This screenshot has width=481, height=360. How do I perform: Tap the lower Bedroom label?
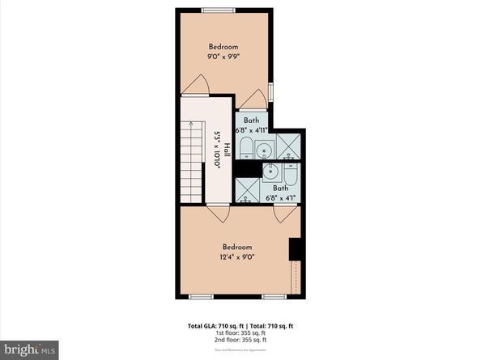[x=237, y=247]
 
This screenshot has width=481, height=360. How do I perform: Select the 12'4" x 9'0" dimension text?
[x=237, y=257]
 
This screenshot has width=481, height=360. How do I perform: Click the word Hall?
[x=228, y=150]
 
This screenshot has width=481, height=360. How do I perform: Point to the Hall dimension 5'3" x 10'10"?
[x=217, y=150]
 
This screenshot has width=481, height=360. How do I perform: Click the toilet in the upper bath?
[x=246, y=149]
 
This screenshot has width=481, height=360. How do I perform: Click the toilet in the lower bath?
[x=290, y=176]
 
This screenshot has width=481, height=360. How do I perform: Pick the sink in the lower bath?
[x=271, y=172]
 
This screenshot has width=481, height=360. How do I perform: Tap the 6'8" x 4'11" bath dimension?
[x=252, y=127]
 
